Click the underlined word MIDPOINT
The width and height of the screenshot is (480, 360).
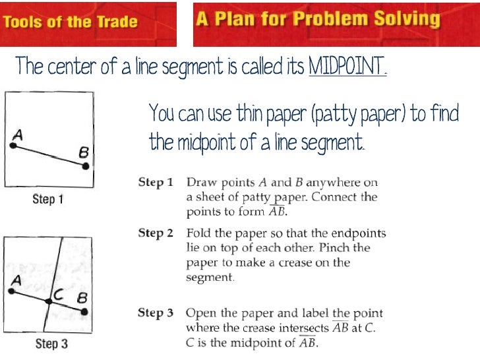click(347, 67)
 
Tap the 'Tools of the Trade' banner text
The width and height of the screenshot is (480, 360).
click(70, 22)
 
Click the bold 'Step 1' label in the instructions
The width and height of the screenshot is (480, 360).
click(156, 182)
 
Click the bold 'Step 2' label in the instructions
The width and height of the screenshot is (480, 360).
click(156, 233)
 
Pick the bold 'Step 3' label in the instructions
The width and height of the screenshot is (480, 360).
click(156, 313)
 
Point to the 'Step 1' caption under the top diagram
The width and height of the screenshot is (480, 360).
click(48, 198)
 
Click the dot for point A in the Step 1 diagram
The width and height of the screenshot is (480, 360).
click(13, 145)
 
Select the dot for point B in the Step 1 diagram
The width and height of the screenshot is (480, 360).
click(85, 165)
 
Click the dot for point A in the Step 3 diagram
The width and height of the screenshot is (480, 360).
click(11, 291)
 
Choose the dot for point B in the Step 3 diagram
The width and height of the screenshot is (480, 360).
click(85, 310)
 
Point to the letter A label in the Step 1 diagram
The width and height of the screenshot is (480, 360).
click(18, 135)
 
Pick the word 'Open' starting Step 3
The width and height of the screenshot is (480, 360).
click(200, 313)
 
